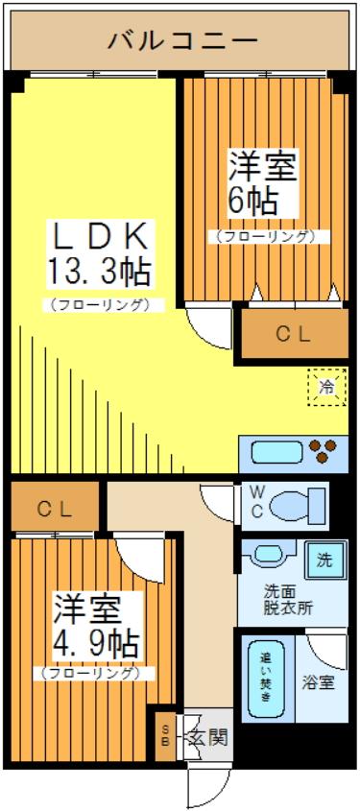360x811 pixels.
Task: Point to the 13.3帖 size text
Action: [x=99, y=272]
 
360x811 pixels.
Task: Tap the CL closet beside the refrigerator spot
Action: [x=294, y=335]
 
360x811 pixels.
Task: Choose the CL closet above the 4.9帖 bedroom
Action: [x=55, y=509]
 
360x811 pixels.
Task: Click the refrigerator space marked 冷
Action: [x=326, y=388]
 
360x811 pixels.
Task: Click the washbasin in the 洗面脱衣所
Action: [x=269, y=555]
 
